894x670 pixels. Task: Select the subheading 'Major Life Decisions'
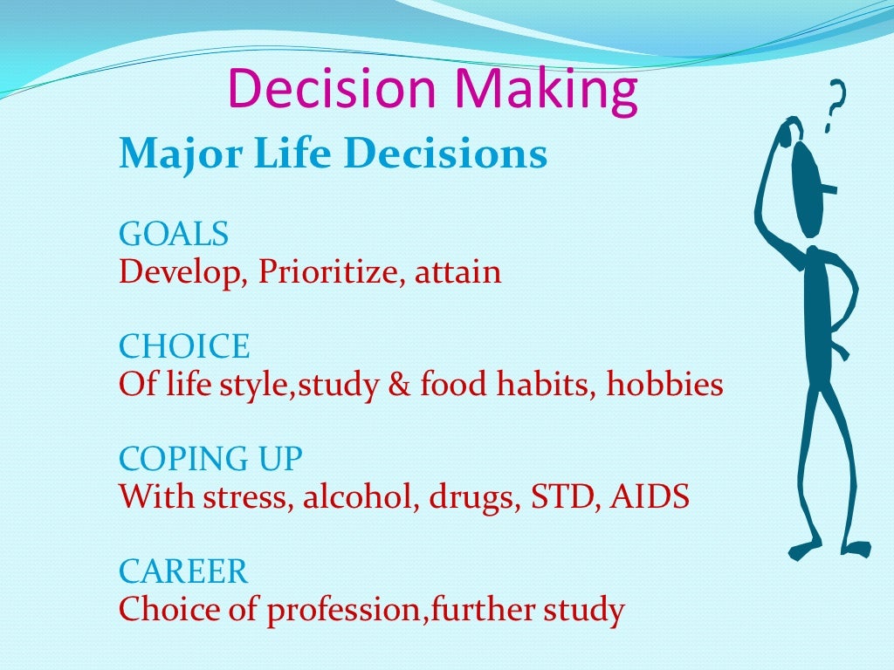tap(333, 154)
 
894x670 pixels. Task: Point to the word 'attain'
tap(458, 273)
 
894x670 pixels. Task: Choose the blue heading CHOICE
tap(184, 347)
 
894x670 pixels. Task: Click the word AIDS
tap(650, 496)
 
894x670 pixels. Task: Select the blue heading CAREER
tap(183, 572)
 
